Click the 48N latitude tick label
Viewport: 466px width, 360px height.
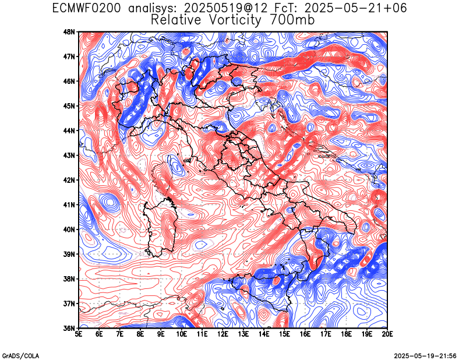70,31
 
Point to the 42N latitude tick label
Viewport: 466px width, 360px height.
70,180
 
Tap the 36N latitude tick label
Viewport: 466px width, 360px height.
70,328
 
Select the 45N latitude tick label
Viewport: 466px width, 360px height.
70,106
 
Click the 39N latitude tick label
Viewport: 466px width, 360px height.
70,254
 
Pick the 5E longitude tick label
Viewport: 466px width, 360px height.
79,334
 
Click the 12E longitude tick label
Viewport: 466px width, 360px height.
223,334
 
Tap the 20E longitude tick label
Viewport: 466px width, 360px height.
387,334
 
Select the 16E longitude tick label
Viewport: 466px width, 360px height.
305,334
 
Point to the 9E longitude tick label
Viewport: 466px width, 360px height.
161,334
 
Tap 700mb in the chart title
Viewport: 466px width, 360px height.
292,20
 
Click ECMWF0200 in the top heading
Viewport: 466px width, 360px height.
86,8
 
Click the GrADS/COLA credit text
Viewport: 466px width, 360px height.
20,356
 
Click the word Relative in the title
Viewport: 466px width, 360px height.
176,20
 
